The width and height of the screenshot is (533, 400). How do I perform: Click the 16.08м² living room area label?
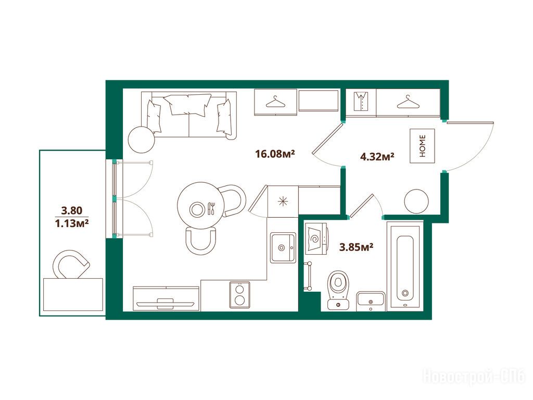point(275,154)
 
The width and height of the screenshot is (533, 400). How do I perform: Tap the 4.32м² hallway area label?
point(377,157)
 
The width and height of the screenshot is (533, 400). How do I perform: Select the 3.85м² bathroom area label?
point(356,247)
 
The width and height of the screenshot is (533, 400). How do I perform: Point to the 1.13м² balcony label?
point(72,223)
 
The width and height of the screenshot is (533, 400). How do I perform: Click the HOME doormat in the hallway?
point(422,146)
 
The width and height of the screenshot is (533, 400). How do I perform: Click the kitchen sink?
point(283,247)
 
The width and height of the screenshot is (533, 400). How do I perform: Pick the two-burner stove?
point(239,295)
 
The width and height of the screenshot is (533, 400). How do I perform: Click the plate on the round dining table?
point(197,209)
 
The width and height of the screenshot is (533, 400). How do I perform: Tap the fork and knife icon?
point(211,208)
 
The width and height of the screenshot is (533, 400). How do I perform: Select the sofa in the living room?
point(189,115)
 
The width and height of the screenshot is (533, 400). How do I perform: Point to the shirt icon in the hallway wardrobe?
point(361,102)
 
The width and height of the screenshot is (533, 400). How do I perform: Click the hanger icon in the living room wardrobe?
point(275,102)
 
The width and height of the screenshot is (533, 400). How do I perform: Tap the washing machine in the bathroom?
point(316,239)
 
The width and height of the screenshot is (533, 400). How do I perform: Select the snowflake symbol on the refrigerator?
point(283,202)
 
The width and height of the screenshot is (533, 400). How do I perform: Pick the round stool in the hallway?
point(416,202)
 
